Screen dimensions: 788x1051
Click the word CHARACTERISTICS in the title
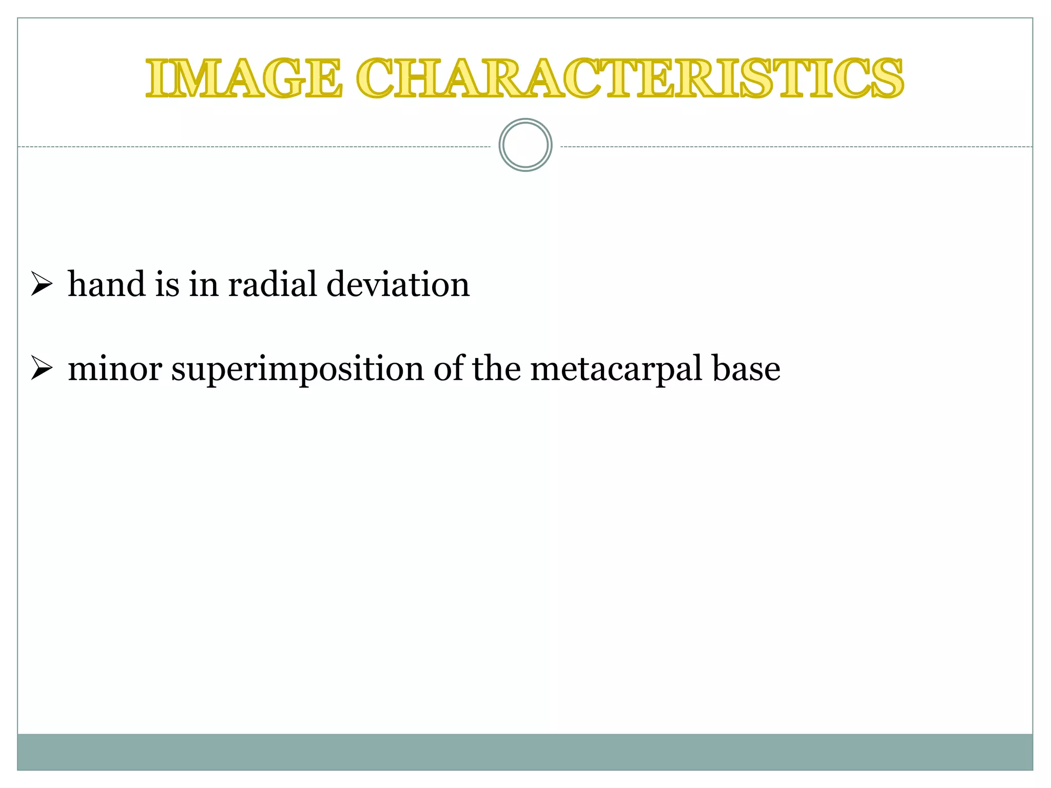tap(630, 78)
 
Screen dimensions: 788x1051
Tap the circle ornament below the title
tap(525, 145)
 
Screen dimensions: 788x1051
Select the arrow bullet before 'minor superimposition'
tap(42, 368)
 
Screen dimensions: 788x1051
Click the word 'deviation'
tap(398, 284)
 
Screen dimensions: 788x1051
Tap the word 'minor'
tap(115, 369)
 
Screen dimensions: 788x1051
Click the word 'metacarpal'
tap(616, 369)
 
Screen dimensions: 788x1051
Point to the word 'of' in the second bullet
tap(447, 369)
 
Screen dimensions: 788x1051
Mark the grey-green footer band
tap(525, 752)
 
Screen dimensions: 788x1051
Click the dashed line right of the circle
tap(795, 147)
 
